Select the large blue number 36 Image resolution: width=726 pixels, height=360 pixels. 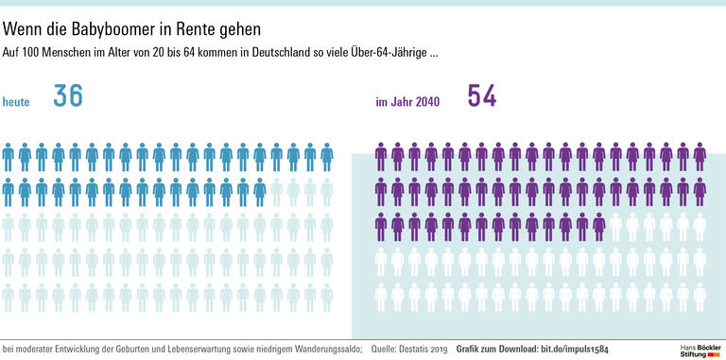coord(67,96)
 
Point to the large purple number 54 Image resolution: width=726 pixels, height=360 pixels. coord(481,96)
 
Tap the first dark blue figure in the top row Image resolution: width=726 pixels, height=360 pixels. coord(8,157)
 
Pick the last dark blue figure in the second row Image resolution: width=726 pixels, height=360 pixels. coord(259,192)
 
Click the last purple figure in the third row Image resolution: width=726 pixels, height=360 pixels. coord(598,227)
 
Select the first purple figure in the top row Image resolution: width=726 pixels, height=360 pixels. coord(381,157)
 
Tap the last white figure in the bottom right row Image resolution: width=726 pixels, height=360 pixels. coord(700,297)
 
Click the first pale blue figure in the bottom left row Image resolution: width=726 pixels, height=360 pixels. coord(8,297)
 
